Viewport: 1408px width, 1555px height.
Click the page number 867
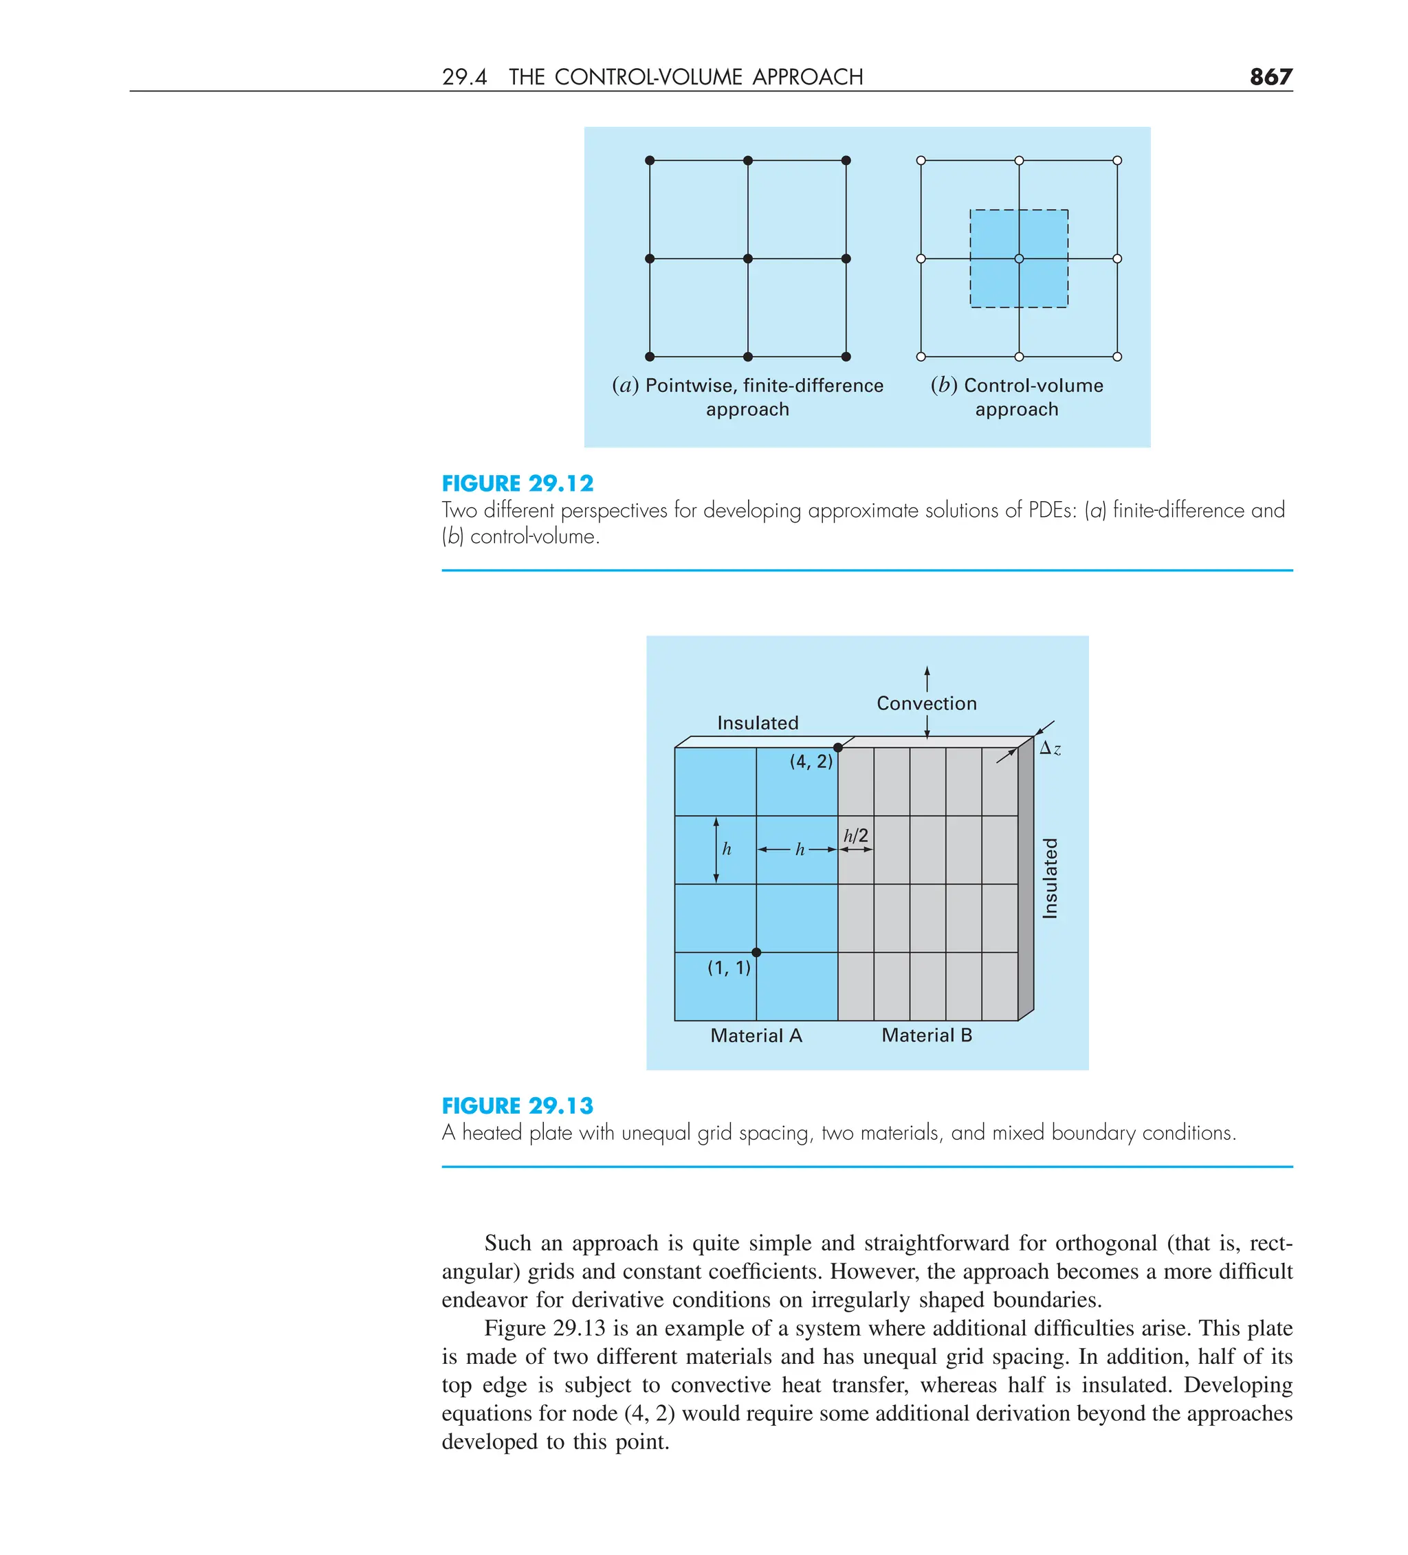(x=1270, y=76)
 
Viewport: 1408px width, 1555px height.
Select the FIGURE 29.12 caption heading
(x=517, y=484)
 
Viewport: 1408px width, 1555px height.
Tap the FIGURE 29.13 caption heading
(x=517, y=1105)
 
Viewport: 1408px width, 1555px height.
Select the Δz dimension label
(x=1049, y=748)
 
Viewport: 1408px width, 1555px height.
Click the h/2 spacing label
(x=856, y=835)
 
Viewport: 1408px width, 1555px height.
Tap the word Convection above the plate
(x=926, y=703)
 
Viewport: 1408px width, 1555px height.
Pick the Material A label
(x=756, y=1035)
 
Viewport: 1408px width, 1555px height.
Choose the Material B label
(x=926, y=1035)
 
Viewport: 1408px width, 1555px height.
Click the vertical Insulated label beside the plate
(x=1050, y=878)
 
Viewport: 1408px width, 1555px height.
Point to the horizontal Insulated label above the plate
(x=758, y=723)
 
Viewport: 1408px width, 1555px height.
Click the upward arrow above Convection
(x=927, y=678)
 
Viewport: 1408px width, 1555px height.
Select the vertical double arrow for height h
(x=716, y=849)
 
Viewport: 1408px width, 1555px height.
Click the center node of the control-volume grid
(x=1018, y=258)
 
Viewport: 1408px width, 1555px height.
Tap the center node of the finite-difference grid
(x=747, y=258)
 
